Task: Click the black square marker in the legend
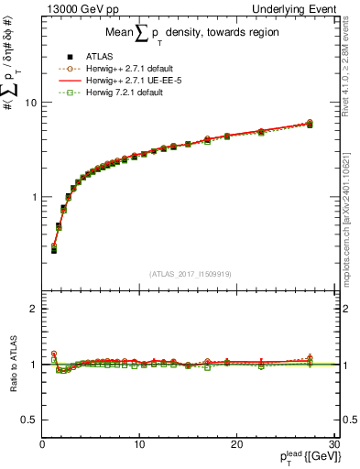pyautogui.click(x=62, y=54)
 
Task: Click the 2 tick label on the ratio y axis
pyautogui.click(x=34, y=309)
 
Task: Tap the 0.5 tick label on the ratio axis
pyautogui.click(x=29, y=420)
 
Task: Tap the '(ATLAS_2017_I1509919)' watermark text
pyautogui.click(x=190, y=273)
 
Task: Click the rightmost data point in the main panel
pyautogui.click(x=310, y=124)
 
